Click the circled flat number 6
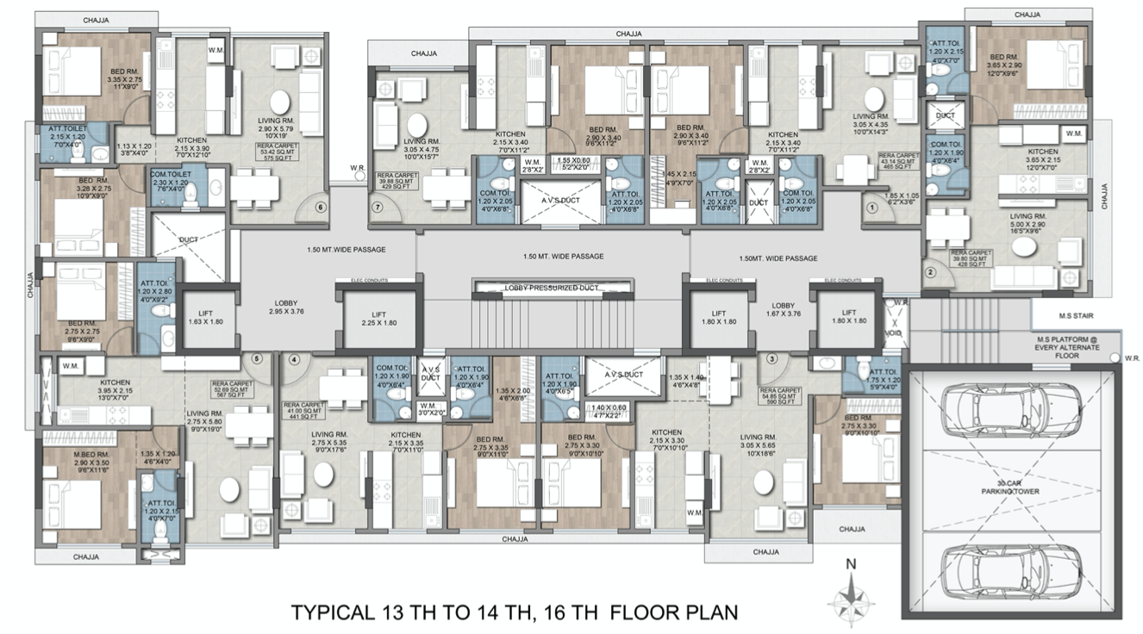pyautogui.click(x=321, y=207)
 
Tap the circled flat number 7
pyautogui.click(x=377, y=207)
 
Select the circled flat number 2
pyautogui.click(x=930, y=274)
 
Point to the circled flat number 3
pyautogui.click(x=771, y=358)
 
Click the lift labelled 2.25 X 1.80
pyautogui.click(x=379, y=318)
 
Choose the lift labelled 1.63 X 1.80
pyautogui.click(x=204, y=318)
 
